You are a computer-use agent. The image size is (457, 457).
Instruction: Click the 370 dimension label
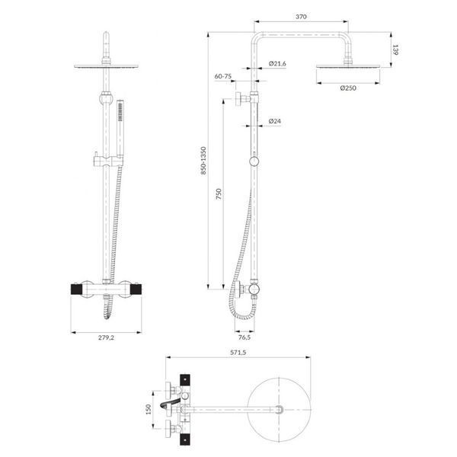(x=301, y=17)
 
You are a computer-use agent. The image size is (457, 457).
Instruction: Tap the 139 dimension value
(x=395, y=50)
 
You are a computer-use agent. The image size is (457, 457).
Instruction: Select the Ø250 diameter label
(x=348, y=88)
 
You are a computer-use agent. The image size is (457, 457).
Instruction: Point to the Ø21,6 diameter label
(x=277, y=63)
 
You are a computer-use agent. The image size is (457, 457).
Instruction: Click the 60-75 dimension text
(x=223, y=76)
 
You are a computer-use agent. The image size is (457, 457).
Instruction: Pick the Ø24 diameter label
(x=274, y=121)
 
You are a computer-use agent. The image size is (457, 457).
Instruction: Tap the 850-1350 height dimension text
(x=203, y=161)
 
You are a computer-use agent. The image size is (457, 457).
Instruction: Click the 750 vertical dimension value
(x=219, y=193)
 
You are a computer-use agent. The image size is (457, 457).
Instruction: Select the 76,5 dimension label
(x=244, y=337)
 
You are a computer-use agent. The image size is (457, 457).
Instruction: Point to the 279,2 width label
(x=107, y=337)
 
